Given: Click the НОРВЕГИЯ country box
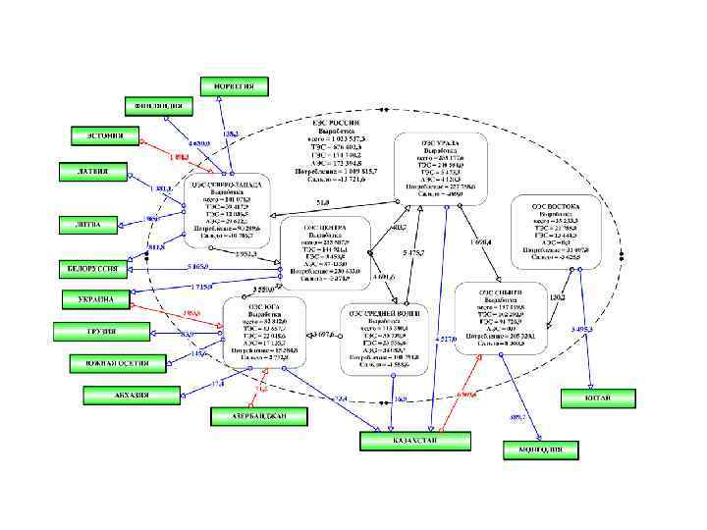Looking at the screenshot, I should click(235, 85).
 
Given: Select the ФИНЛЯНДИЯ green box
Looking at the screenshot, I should click(157, 105).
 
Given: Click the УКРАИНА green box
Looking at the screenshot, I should click(94, 298).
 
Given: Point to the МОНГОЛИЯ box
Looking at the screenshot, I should click(539, 450).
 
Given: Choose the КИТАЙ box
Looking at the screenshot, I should click(599, 397).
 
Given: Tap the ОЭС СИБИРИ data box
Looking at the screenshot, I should click(501, 318).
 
